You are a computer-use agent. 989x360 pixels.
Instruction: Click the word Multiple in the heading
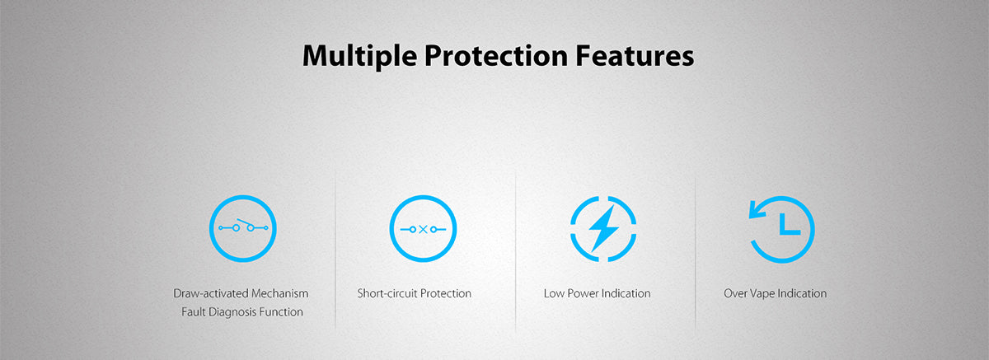pos(359,56)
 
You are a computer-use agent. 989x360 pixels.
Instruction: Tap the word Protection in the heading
pos(496,55)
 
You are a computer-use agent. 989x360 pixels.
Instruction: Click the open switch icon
pos(243,228)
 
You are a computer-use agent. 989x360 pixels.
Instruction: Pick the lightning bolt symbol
pos(603,228)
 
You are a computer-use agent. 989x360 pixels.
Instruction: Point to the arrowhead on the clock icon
pos(757,209)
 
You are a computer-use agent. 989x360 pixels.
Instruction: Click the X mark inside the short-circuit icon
pos(423,229)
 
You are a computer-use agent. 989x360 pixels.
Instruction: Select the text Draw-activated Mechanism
pos(241,293)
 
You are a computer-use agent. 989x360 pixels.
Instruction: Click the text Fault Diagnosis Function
pos(242,312)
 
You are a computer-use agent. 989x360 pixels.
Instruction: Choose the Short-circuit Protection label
pos(414,293)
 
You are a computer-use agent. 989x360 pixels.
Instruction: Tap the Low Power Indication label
pos(597,293)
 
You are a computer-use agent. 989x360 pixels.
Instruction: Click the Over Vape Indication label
pos(775,293)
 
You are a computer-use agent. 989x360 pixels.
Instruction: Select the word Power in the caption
pos(583,293)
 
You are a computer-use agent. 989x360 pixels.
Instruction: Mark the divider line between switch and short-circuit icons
pos(335,250)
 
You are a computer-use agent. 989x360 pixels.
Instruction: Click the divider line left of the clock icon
pos(696,254)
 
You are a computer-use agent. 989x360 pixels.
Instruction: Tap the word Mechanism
pos(280,293)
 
